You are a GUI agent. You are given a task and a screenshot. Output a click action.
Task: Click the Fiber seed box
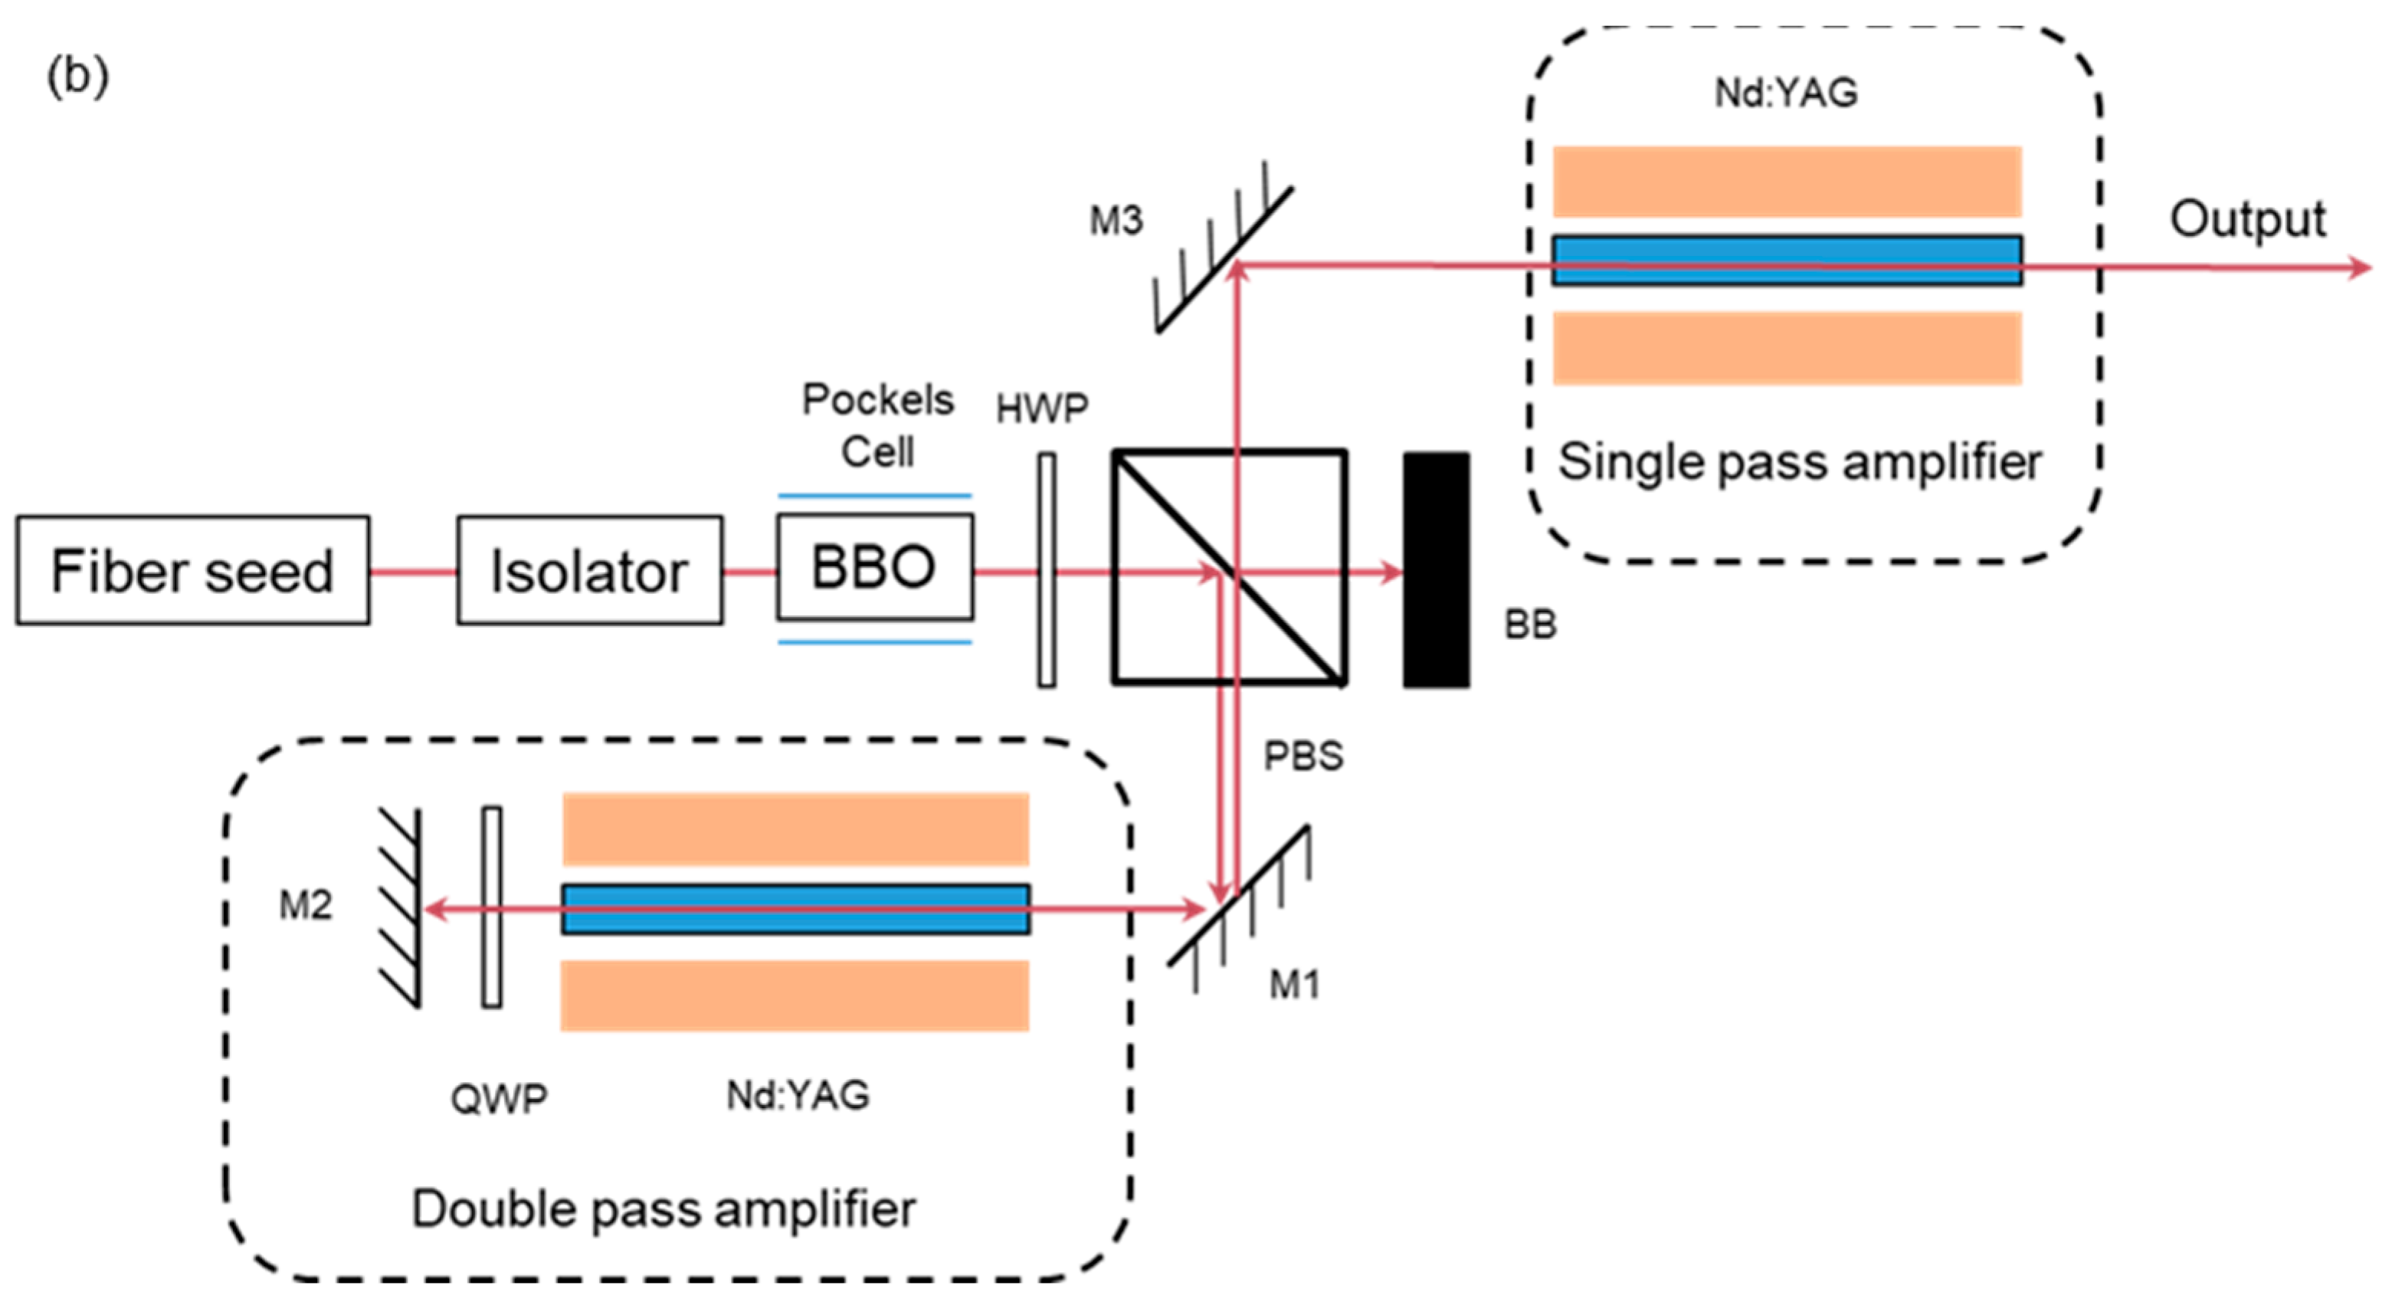tap(192, 570)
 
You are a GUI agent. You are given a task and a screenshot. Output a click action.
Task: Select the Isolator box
tap(590, 570)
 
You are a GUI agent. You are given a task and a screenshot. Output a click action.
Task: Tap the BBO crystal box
tap(875, 566)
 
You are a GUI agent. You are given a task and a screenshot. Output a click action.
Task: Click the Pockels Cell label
tap(877, 425)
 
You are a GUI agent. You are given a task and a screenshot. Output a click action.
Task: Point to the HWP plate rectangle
tap(1047, 570)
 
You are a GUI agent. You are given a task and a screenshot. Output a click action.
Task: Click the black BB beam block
tap(1436, 570)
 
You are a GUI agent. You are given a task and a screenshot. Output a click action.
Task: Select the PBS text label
tap(1302, 756)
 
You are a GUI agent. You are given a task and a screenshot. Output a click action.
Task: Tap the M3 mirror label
tap(1116, 221)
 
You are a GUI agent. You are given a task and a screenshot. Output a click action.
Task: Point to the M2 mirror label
tap(306, 904)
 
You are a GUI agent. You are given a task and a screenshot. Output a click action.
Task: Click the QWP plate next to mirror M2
tap(491, 907)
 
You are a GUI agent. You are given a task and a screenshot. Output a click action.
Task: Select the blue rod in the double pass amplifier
tap(796, 908)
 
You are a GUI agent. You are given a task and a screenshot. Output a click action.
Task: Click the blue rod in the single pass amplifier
tap(1787, 260)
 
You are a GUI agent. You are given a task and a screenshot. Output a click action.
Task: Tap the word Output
tap(2247, 220)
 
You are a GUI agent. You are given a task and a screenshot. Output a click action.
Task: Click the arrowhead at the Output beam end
tap(2358, 267)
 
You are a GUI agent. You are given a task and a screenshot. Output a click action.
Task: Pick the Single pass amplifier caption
tap(1799, 461)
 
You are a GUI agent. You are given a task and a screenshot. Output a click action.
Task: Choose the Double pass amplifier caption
tap(663, 1209)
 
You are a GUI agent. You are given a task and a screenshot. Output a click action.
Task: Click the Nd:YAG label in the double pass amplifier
tap(798, 1096)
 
